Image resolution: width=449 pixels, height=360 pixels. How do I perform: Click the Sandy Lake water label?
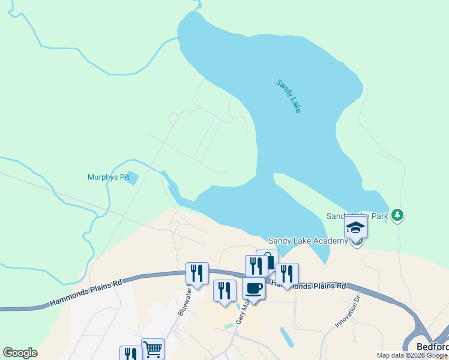click(288, 96)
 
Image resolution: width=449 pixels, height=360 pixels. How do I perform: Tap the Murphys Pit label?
click(108, 177)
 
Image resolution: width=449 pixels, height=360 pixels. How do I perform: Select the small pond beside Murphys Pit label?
click(133, 178)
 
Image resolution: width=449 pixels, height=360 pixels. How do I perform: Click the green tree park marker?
click(397, 215)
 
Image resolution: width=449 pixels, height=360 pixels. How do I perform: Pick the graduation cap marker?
click(355, 228)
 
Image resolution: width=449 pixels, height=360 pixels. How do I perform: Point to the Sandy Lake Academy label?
click(307, 241)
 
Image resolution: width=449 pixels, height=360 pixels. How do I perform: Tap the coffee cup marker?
click(253, 289)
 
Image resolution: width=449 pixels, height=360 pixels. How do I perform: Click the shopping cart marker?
click(152, 348)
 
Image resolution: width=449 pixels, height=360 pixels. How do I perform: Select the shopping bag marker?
click(268, 261)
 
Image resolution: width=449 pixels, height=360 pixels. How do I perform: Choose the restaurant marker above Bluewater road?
click(197, 274)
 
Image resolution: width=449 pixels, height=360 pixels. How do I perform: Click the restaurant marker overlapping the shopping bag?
click(256, 266)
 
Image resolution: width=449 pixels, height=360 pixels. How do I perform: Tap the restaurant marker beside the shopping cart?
click(130, 354)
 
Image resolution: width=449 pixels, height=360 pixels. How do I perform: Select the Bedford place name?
click(432, 347)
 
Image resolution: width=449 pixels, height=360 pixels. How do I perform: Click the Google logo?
click(20, 353)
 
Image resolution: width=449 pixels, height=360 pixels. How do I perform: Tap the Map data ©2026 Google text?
click(412, 355)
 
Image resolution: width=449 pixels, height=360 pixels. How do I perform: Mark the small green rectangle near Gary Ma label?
click(229, 326)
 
